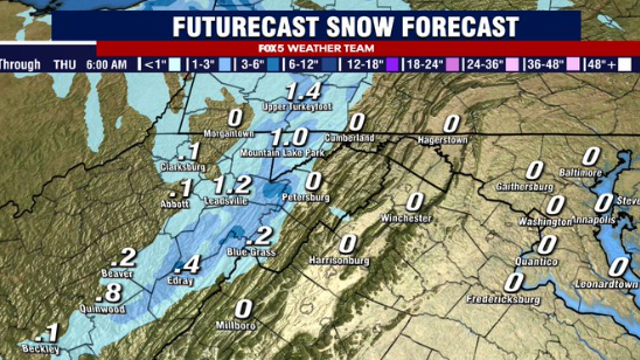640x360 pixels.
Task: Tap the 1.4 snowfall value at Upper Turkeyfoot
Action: (302, 92)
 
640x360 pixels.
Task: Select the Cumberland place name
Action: (350, 138)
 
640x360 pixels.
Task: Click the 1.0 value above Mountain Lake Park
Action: (288, 136)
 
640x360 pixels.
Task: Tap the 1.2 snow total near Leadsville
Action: (232, 184)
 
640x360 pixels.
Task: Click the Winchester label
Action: (405, 218)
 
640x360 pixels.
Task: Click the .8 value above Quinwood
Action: (112, 292)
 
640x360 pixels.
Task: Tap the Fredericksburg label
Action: (508, 299)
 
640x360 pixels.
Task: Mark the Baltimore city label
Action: (583, 172)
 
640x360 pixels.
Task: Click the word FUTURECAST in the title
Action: (258, 24)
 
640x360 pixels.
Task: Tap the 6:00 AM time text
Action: (104, 65)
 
